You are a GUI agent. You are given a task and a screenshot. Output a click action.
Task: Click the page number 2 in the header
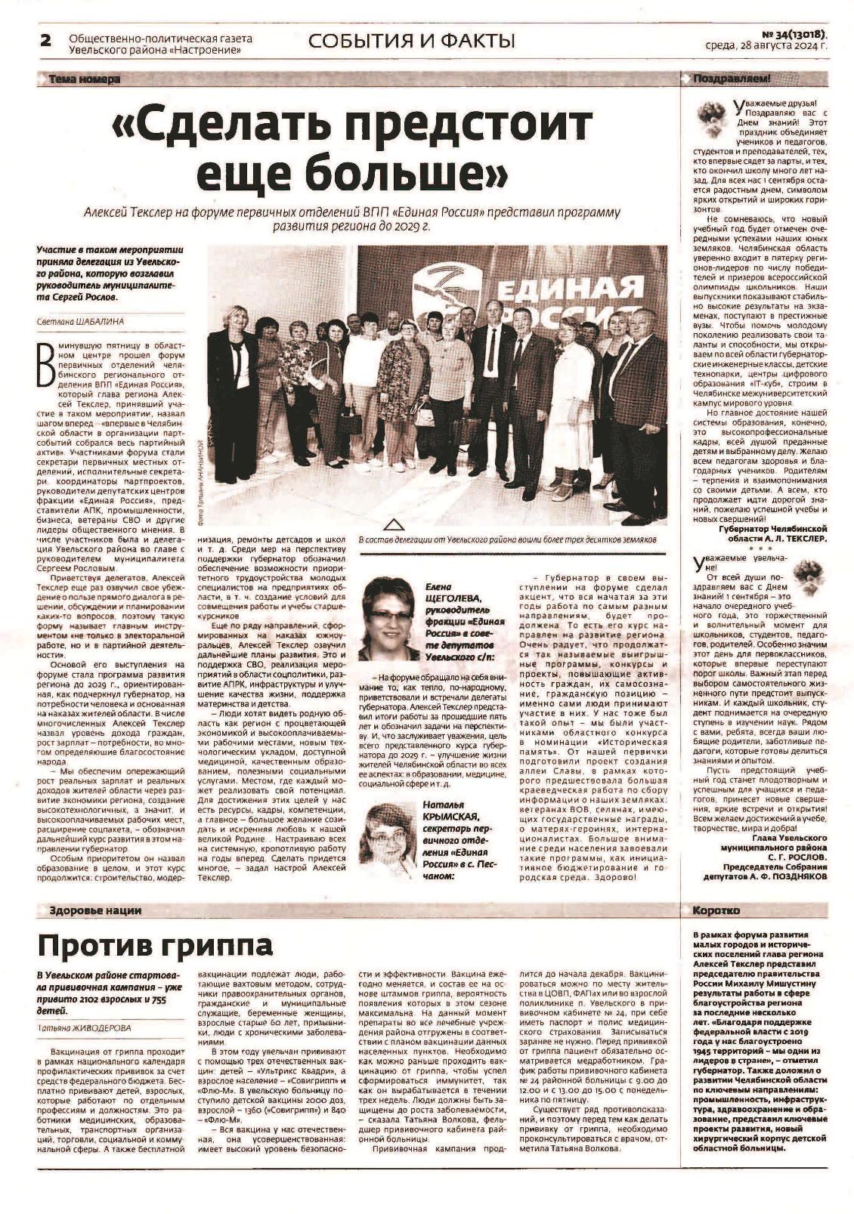[x=45, y=41]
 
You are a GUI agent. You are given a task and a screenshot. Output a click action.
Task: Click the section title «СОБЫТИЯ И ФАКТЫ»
[x=412, y=41]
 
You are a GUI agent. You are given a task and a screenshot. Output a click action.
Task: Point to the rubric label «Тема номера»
[x=84, y=79]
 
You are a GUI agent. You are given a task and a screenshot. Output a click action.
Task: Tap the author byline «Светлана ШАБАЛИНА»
[x=80, y=321]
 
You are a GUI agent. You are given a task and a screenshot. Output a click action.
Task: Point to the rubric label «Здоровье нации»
[x=94, y=911]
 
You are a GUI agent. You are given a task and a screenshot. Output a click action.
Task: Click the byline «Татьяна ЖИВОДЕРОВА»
[x=84, y=1027]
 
